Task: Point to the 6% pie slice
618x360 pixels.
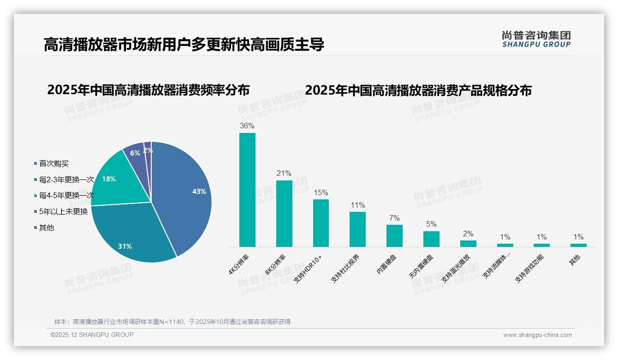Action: click(135, 153)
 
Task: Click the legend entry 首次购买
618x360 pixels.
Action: click(53, 164)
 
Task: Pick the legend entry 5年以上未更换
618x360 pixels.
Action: click(63, 212)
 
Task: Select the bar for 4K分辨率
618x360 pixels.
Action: click(247, 190)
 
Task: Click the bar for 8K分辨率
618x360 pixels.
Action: click(284, 214)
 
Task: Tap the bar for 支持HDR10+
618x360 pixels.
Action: click(321, 223)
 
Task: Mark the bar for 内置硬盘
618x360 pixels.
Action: click(394, 236)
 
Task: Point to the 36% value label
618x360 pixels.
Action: click(247, 126)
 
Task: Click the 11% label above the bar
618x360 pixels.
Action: click(357, 205)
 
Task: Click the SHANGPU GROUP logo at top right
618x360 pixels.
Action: click(536, 39)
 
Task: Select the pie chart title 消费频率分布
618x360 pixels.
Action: click(148, 90)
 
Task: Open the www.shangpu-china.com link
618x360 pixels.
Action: click(537, 335)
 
